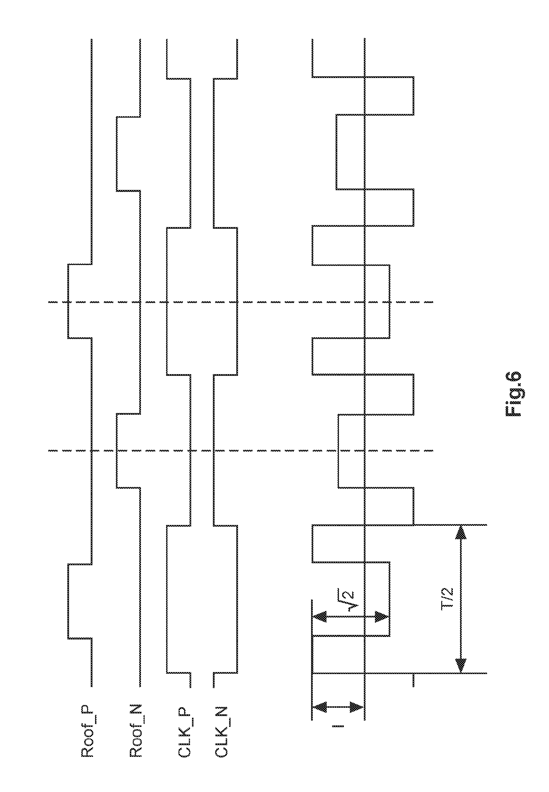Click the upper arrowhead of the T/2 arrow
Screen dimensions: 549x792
(460, 533)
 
